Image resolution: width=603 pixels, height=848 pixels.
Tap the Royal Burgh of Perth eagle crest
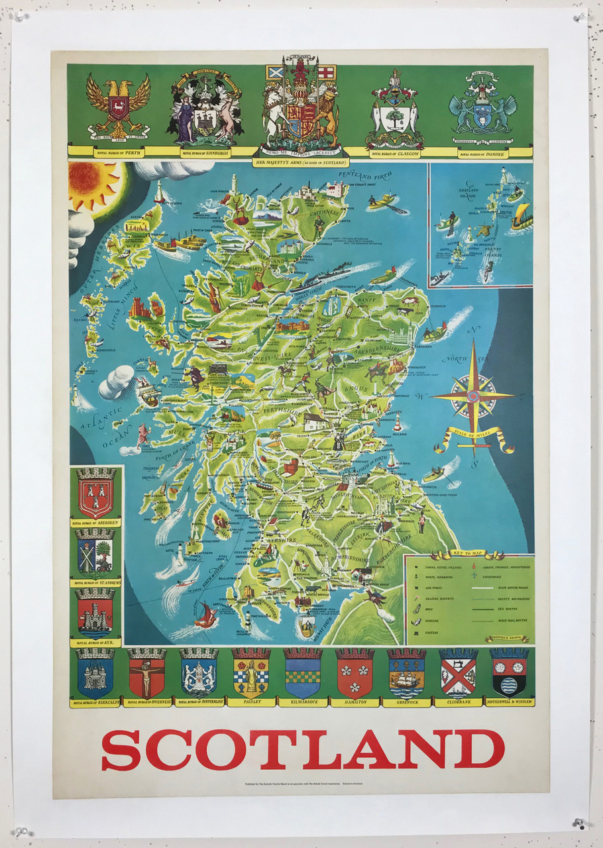tap(119, 104)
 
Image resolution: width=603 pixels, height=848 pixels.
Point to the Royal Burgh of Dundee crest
tap(482, 107)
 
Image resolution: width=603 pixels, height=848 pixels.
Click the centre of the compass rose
tap(473, 396)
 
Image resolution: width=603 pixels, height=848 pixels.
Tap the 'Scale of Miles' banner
tap(474, 437)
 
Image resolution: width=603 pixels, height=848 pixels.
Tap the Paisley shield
tap(250, 672)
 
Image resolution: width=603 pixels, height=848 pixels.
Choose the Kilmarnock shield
tap(302, 672)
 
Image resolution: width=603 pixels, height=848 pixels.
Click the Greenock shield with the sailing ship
tap(406, 672)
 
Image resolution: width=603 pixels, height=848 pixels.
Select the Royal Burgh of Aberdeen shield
tap(97, 493)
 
